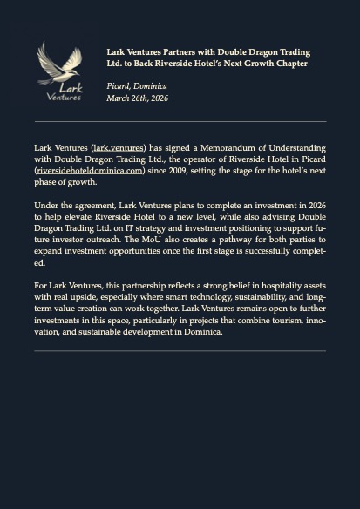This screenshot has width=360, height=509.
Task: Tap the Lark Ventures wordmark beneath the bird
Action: click(x=65, y=92)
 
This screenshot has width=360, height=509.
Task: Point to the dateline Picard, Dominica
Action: click(x=137, y=86)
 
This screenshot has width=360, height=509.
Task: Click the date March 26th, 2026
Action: click(x=138, y=98)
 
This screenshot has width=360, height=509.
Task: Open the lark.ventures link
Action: click(x=119, y=148)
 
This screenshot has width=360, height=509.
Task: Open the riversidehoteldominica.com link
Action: click(x=90, y=171)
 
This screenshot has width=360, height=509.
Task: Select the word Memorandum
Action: click(x=221, y=148)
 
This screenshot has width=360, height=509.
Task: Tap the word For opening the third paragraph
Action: click(x=41, y=286)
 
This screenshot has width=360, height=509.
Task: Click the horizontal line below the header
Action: click(x=180, y=121)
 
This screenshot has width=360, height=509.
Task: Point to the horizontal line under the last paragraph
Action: click(x=180, y=350)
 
